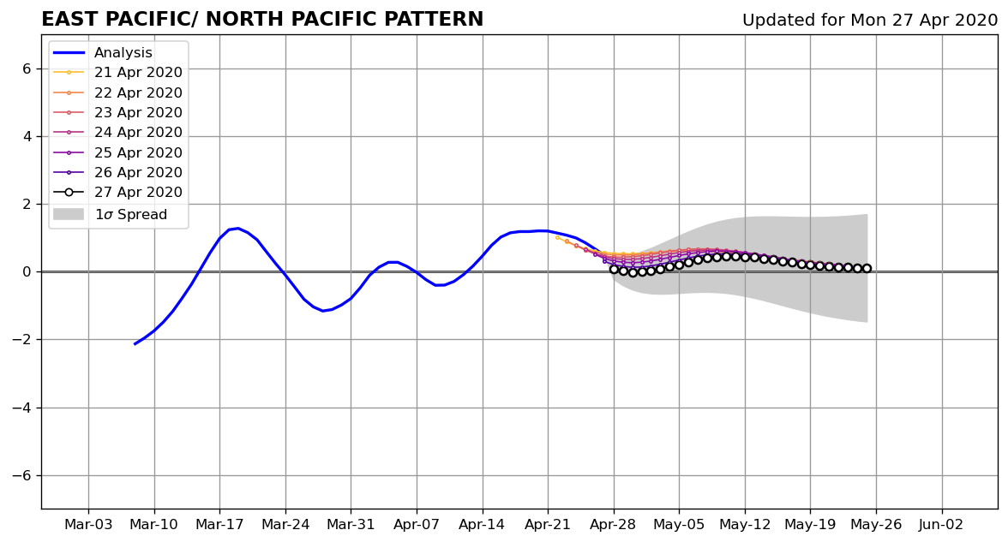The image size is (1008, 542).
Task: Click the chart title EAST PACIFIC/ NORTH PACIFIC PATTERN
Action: [262, 19]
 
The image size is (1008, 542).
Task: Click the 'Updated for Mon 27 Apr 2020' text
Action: [870, 21]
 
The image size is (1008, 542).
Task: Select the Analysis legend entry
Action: [103, 53]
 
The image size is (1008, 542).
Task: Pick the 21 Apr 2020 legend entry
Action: [117, 73]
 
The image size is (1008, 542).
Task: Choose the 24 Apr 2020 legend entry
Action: [117, 132]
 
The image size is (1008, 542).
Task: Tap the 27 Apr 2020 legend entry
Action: [117, 192]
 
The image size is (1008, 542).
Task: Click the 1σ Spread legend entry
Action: [110, 214]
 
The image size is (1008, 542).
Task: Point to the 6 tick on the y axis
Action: [27, 68]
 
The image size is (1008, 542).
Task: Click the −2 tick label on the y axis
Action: [22, 340]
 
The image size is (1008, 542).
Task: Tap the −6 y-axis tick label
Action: [22, 476]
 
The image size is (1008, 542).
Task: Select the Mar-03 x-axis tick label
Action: [89, 525]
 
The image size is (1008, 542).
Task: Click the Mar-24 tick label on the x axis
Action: [285, 525]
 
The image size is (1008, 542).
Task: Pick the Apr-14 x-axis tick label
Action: [482, 525]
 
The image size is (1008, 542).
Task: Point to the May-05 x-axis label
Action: [680, 525]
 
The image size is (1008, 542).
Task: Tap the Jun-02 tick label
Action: [942, 525]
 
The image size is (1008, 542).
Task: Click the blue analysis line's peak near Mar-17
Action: [238, 228]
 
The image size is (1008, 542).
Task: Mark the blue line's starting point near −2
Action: [135, 344]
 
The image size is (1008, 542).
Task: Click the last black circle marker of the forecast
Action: [867, 269]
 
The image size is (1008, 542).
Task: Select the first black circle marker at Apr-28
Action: [614, 269]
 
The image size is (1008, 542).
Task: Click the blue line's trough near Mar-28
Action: [322, 311]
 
